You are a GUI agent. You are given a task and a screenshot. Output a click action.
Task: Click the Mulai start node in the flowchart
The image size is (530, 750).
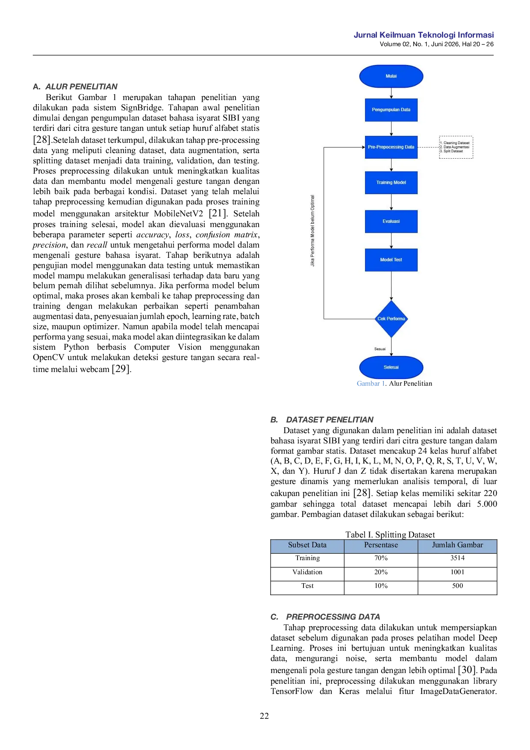click(x=391, y=76)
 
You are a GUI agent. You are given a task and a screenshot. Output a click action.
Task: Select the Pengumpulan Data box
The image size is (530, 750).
click(x=391, y=110)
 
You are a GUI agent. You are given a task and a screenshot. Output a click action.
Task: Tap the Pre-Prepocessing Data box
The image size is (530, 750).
click(x=391, y=147)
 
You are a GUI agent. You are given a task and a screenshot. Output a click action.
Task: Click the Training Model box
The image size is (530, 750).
click(x=391, y=183)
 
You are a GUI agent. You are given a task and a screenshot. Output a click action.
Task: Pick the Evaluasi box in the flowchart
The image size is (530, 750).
click(x=391, y=221)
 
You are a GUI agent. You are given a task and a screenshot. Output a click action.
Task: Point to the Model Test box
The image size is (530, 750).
click(x=391, y=260)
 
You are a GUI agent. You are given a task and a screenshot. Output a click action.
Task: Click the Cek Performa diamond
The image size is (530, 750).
click(x=391, y=319)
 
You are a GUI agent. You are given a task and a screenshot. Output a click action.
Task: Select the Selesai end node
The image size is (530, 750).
click(x=391, y=367)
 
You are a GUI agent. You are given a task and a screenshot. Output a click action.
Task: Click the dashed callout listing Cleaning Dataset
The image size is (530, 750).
click(x=456, y=147)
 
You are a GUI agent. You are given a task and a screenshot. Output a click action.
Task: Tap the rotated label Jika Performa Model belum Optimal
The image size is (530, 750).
click(x=312, y=231)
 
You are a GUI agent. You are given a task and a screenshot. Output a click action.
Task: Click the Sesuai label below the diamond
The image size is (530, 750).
click(x=380, y=349)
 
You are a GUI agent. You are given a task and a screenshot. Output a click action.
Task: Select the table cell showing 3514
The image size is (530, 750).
click(x=457, y=558)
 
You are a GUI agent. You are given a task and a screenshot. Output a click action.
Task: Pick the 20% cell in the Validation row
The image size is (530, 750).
click(x=381, y=572)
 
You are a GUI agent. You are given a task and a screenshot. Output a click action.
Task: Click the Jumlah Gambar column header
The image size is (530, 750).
click(x=457, y=545)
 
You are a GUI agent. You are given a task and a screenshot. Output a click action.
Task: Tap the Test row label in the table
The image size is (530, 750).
click(x=307, y=586)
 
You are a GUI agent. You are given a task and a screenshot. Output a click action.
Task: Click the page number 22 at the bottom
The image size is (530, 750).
click(x=265, y=716)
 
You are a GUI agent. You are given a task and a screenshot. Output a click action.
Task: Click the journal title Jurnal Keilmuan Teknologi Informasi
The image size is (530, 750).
click(x=424, y=35)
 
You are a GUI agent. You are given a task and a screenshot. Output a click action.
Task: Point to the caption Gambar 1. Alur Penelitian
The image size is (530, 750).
click(x=395, y=384)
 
